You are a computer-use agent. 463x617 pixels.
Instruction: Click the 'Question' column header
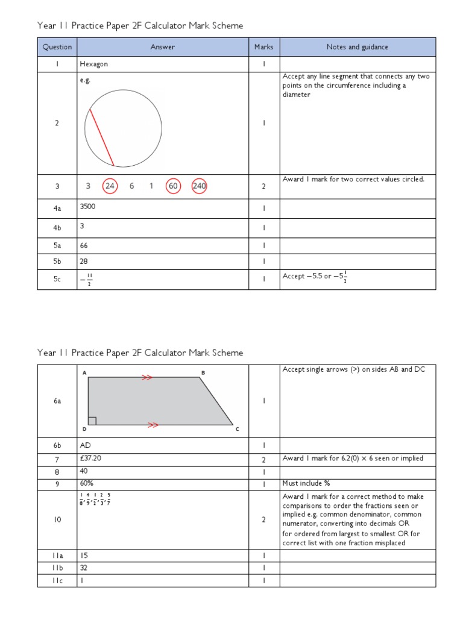tap(57, 47)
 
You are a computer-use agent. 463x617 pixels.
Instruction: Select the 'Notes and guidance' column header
tap(357, 47)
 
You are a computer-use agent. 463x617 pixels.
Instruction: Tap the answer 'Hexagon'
tap(93, 63)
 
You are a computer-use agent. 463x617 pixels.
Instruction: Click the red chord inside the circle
tap(102, 137)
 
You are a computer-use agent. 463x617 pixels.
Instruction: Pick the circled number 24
tap(110, 186)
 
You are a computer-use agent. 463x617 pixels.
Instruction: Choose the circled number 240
tap(200, 186)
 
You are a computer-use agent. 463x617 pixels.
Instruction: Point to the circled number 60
tap(174, 186)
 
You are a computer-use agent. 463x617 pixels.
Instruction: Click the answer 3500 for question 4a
tap(88, 206)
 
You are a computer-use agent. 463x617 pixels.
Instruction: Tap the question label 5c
tap(57, 280)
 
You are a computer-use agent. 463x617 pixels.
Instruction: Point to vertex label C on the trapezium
tap(237, 430)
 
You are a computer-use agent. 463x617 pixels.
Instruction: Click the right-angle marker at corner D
tap(92, 421)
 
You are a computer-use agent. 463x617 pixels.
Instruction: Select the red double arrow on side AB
tap(146, 377)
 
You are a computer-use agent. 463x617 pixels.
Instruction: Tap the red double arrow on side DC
tap(153, 425)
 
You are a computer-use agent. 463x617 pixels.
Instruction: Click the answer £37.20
tap(90, 459)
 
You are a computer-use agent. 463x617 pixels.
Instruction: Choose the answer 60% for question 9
tap(86, 483)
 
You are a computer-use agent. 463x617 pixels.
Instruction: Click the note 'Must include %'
tap(306, 483)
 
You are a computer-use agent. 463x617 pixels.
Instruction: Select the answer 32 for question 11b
tap(84, 568)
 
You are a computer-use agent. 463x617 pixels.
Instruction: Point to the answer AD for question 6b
tap(85, 446)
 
